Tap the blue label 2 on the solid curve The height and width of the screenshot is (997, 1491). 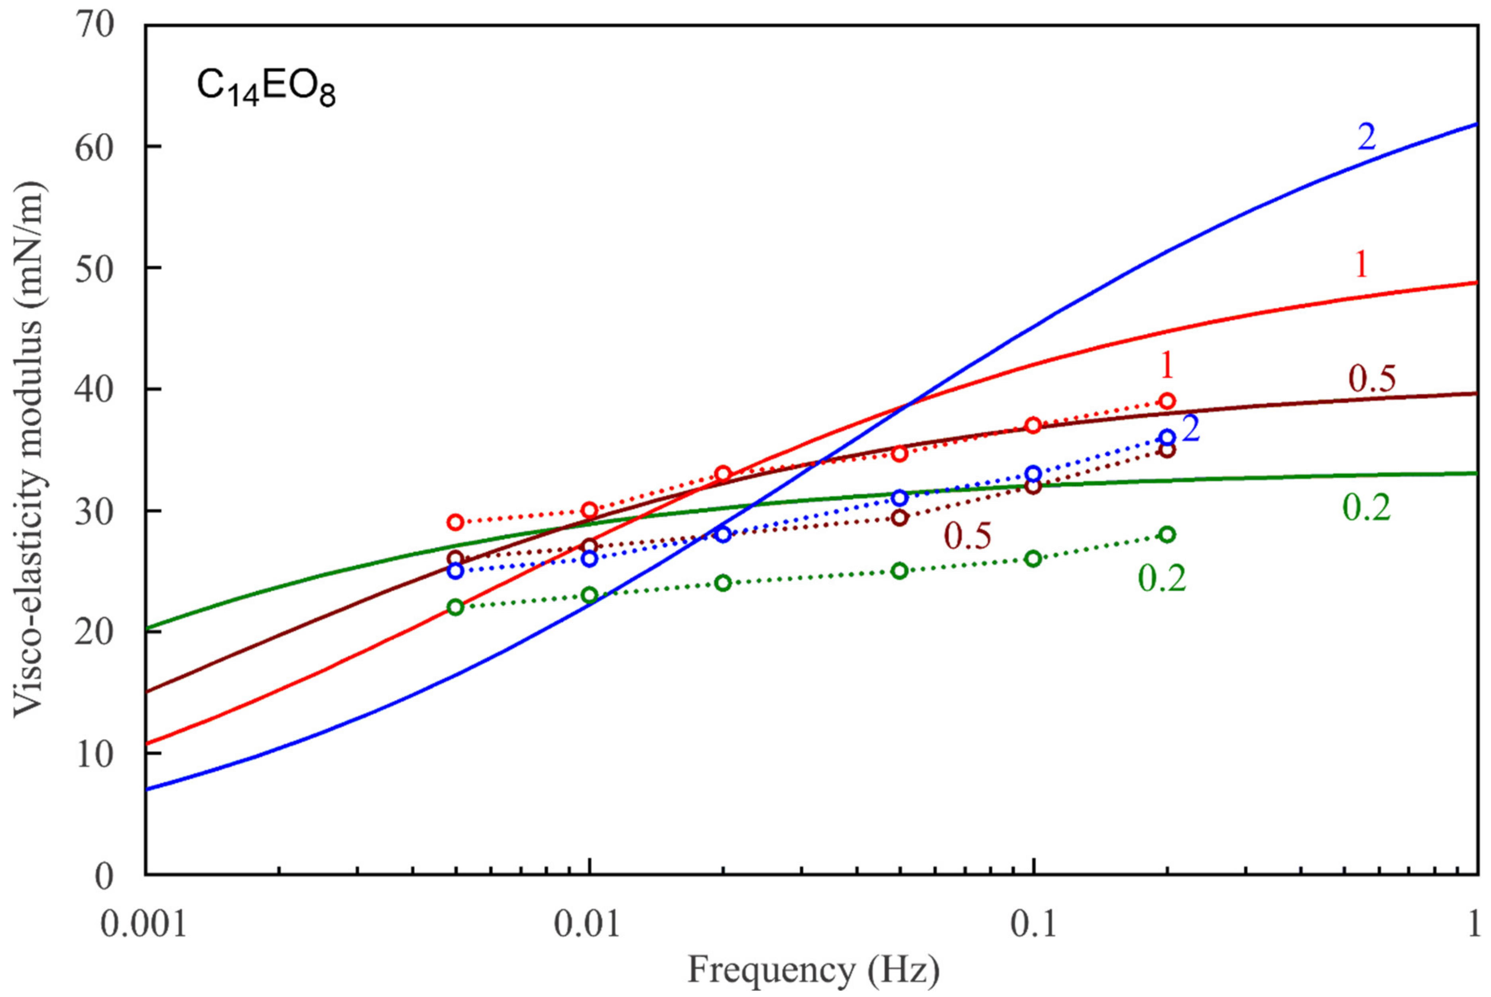1367,137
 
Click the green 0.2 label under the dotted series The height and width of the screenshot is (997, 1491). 1162,579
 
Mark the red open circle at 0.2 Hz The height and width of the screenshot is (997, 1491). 1167,401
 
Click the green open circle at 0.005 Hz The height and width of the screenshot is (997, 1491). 455,607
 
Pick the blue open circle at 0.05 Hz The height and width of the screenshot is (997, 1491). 899,498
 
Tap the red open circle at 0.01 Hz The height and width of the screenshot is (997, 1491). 589,510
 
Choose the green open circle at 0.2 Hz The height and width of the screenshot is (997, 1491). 1167,534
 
